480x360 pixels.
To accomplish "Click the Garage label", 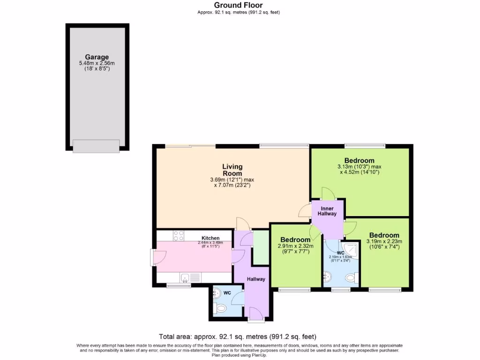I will (x=97, y=57).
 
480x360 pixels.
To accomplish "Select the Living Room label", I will (x=232, y=170).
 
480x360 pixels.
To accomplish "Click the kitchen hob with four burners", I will (x=179, y=235).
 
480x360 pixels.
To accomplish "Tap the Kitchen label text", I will (x=210, y=238).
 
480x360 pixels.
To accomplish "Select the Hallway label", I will (x=256, y=279).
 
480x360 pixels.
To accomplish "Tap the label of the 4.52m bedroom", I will (x=359, y=160).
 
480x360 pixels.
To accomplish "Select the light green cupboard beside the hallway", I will (x=261, y=247).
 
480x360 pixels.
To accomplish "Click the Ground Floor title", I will (x=239, y=5).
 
